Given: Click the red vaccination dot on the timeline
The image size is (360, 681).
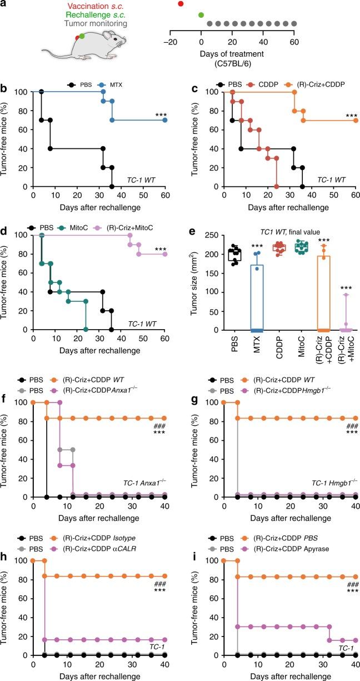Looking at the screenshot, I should (181, 4).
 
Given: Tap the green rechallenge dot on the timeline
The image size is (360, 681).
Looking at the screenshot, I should (201, 14).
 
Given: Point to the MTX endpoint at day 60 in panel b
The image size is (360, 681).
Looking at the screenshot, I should (165, 120).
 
